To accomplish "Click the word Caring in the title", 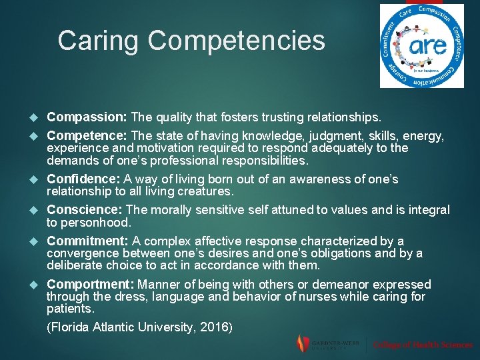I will (x=99, y=41).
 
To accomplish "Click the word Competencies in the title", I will (x=237, y=41).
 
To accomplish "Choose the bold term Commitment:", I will (x=87, y=241).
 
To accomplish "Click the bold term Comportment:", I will (x=89, y=284).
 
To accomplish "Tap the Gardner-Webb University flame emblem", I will (x=302, y=343).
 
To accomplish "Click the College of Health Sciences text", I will (x=423, y=345).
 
